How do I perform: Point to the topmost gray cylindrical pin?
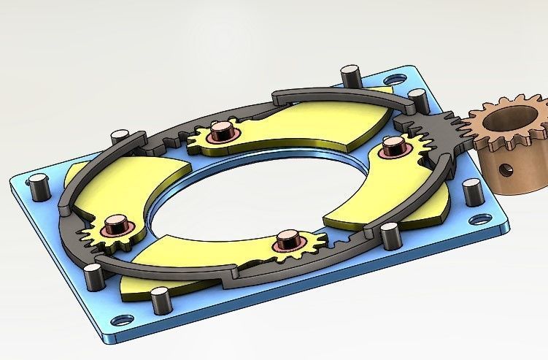coord(350,74)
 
